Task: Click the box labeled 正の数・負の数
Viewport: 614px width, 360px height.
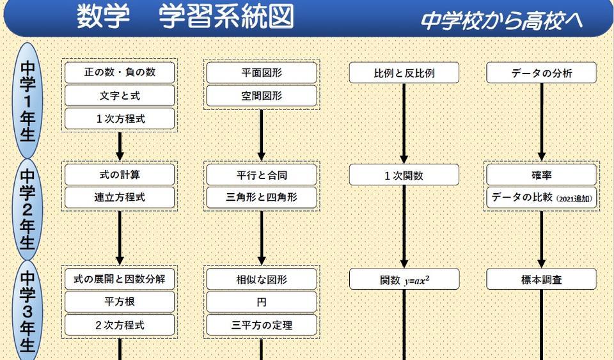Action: pos(120,72)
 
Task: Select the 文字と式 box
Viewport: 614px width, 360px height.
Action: pos(120,96)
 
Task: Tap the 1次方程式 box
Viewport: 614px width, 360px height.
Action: pos(120,119)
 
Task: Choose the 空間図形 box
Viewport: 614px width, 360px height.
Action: pos(261,96)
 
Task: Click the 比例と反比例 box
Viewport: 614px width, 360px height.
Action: pos(404,72)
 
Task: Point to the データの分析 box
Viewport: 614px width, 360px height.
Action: pos(541,72)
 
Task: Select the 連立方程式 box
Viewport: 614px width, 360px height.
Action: pos(120,198)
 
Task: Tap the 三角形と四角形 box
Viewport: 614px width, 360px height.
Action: pos(261,198)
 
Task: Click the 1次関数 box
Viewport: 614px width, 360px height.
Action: pos(404,175)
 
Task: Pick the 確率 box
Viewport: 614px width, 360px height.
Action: pos(541,175)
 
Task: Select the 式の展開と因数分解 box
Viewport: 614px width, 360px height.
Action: pos(120,279)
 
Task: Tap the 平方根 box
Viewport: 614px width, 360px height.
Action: pos(120,302)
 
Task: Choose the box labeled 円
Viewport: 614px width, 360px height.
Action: pos(261,302)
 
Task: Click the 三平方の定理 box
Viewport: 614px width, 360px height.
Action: pos(261,325)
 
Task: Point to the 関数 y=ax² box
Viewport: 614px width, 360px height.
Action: pos(404,279)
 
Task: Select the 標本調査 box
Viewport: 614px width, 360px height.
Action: pos(541,279)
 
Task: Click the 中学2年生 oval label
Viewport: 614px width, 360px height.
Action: pos(28,208)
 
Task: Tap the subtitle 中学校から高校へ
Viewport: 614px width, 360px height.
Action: pos(501,21)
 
